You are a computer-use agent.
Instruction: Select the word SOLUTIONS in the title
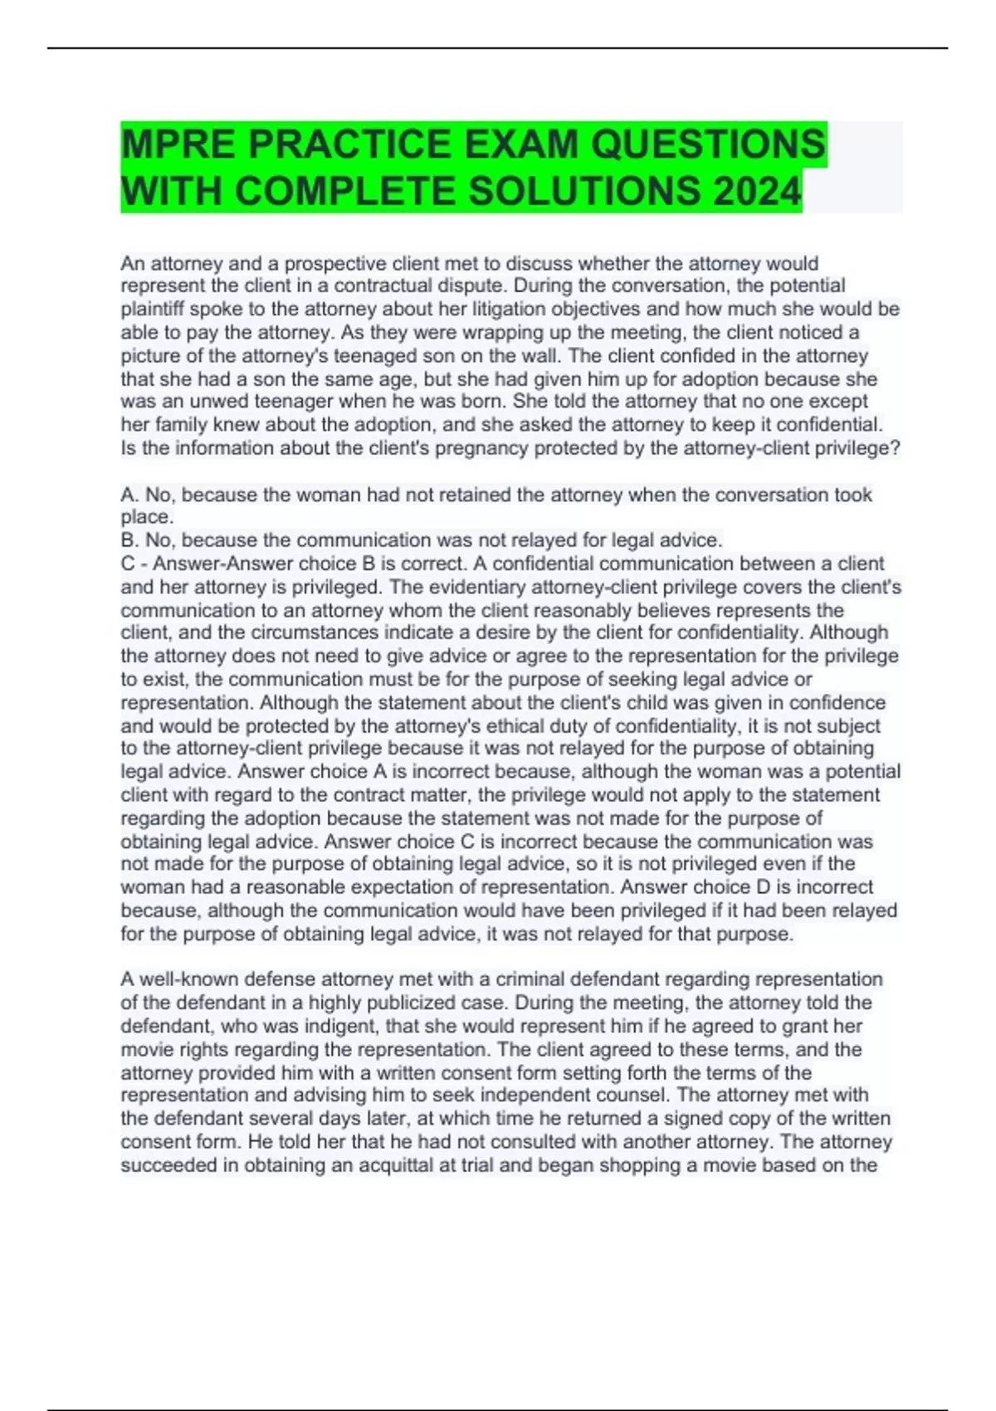point(584,192)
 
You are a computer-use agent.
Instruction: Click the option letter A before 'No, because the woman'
point(129,495)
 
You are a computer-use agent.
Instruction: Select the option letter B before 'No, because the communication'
point(129,540)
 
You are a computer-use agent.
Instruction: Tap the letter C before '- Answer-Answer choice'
point(129,564)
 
